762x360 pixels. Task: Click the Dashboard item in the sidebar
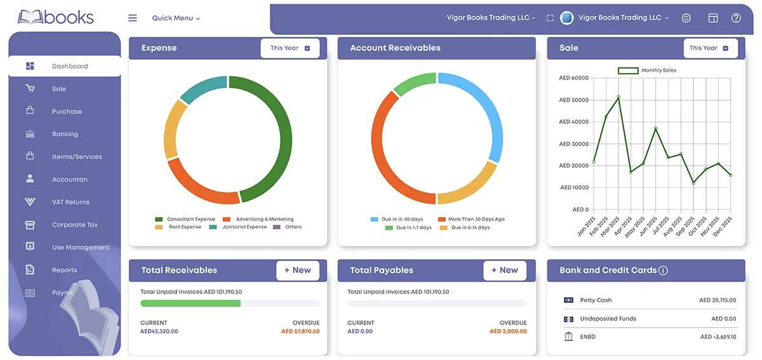pyautogui.click(x=69, y=66)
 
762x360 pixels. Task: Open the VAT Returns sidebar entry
pyautogui.click(x=70, y=202)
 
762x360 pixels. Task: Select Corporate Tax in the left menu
pyautogui.click(x=74, y=225)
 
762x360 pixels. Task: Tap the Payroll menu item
pyautogui.click(x=63, y=293)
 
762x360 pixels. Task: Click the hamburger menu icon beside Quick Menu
pyautogui.click(x=132, y=18)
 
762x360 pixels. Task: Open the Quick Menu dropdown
pyautogui.click(x=176, y=18)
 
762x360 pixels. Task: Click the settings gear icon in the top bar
pyautogui.click(x=686, y=18)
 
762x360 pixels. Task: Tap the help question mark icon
pyautogui.click(x=736, y=18)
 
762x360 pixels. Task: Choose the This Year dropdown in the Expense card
pyautogui.click(x=290, y=48)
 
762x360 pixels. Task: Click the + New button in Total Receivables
pyautogui.click(x=297, y=270)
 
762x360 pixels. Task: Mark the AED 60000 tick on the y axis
pyautogui.click(x=573, y=78)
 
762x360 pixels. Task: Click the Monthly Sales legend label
pyautogui.click(x=658, y=70)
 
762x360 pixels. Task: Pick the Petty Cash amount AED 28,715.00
pyautogui.click(x=717, y=300)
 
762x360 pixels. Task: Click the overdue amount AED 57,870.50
pyautogui.click(x=300, y=331)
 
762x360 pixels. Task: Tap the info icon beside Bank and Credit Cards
pyautogui.click(x=663, y=270)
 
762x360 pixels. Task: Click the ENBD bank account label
pyautogui.click(x=589, y=337)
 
